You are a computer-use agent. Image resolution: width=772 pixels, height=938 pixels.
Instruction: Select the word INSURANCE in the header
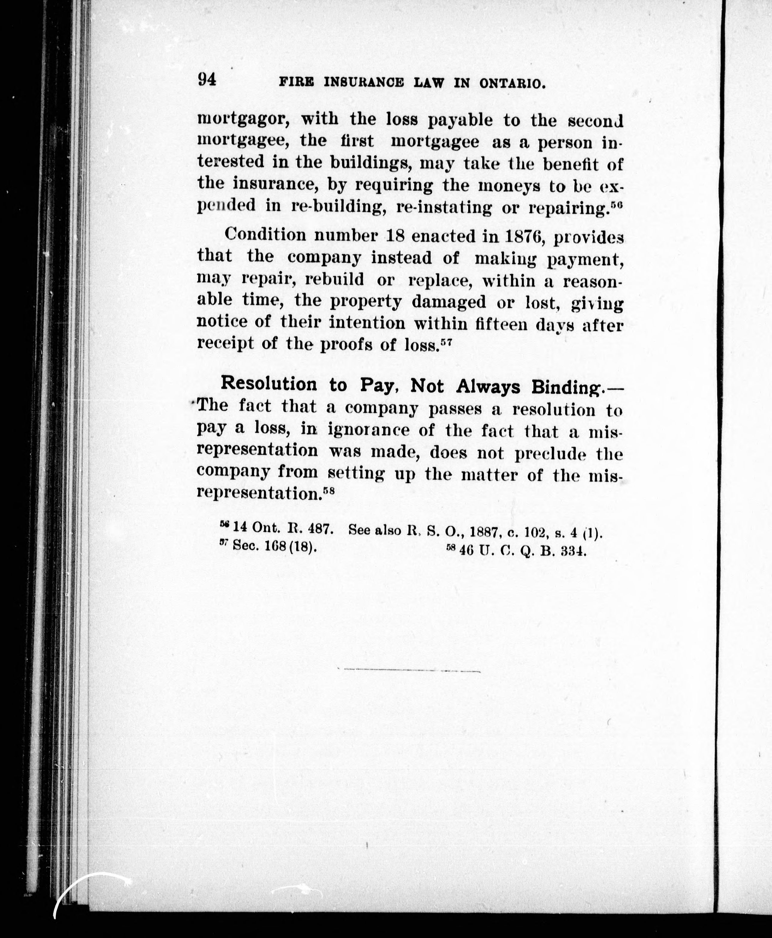[x=364, y=83]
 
